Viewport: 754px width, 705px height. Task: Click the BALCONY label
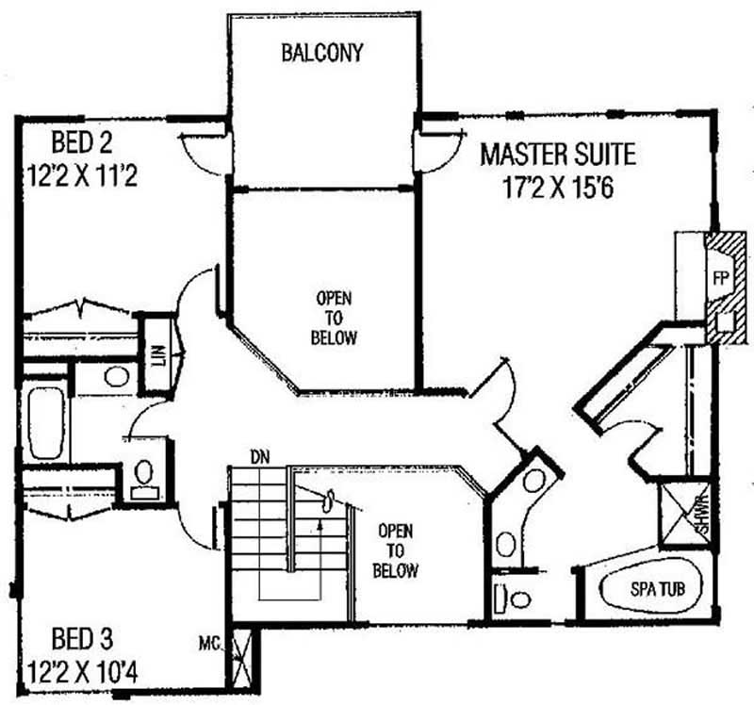pos(321,53)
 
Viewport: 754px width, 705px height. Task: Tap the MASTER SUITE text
pos(558,155)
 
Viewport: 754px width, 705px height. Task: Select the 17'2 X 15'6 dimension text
pos(558,188)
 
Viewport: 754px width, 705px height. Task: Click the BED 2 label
pos(82,142)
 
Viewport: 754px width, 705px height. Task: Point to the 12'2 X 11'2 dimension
pos(82,175)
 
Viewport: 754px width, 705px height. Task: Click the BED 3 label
pos(82,639)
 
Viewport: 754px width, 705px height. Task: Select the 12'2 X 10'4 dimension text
pos(82,672)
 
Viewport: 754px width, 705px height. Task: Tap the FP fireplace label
pos(720,278)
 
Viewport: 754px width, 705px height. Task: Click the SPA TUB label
pos(657,589)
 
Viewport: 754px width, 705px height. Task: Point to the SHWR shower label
pos(702,516)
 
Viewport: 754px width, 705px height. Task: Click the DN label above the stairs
pos(260,457)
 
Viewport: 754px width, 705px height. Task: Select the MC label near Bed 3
pos(209,643)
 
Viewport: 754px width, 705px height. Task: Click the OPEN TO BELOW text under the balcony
pos(334,318)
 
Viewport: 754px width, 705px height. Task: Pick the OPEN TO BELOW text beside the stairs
pos(395,550)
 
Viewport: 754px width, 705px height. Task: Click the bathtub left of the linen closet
pos(45,423)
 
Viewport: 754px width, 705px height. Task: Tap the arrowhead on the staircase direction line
pos(320,525)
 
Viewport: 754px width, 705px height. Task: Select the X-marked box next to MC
pos(242,659)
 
